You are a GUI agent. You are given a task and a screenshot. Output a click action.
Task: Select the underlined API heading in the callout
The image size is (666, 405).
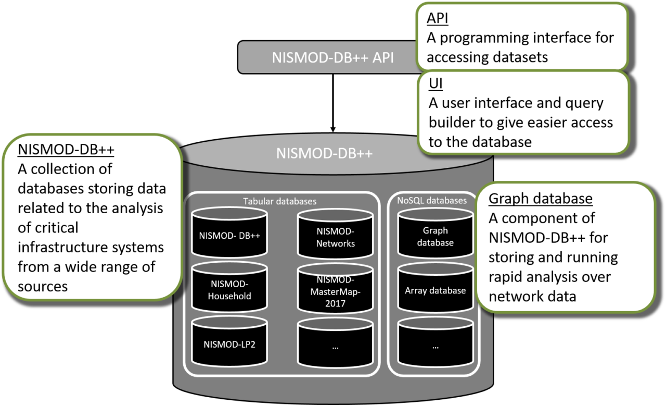(x=438, y=19)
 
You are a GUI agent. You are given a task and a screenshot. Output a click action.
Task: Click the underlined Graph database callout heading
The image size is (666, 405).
(x=541, y=199)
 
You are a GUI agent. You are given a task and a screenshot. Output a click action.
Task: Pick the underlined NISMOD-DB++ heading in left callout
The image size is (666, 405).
(x=66, y=150)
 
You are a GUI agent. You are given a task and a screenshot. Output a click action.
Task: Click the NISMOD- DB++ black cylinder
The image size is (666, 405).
(x=229, y=235)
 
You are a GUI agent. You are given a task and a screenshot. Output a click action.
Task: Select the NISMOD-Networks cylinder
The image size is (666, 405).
(x=335, y=238)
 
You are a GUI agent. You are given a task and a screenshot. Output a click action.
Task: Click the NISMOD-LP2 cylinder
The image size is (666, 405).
(x=229, y=344)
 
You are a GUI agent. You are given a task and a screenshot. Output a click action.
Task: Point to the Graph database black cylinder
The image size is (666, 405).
(x=435, y=236)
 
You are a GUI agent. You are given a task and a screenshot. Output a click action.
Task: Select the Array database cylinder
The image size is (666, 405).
(x=435, y=290)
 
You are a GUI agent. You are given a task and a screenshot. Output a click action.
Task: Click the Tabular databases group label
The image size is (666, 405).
(x=280, y=201)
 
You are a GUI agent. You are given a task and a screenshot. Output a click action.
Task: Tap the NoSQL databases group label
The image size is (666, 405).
(x=435, y=200)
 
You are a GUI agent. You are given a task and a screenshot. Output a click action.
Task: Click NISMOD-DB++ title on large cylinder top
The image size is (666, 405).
(x=325, y=154)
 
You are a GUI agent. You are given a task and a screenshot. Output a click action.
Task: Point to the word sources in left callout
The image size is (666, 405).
(x=43, y=287)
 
